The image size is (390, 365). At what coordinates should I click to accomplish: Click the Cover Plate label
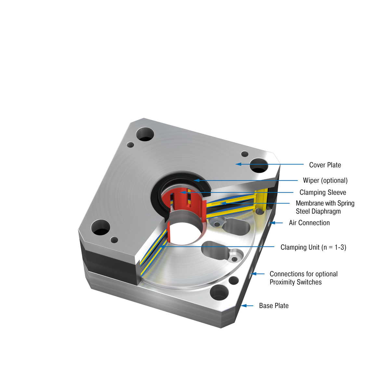325,165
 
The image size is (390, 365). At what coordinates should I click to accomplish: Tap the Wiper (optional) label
325,181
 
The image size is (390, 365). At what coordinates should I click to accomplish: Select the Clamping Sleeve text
323,193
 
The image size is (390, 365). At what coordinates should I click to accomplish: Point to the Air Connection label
309,223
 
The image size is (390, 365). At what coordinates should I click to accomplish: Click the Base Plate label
274,306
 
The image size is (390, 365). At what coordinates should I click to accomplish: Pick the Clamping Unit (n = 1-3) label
313,247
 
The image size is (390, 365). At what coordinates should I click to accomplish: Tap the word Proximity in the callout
282,282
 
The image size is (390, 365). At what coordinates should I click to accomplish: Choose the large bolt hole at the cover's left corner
101,227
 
